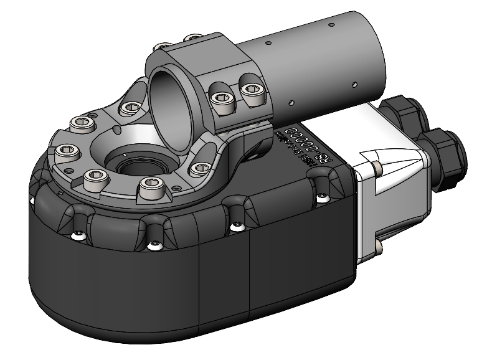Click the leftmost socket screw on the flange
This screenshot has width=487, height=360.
point(64,151)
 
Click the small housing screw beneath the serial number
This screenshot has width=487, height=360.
point(321,198)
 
